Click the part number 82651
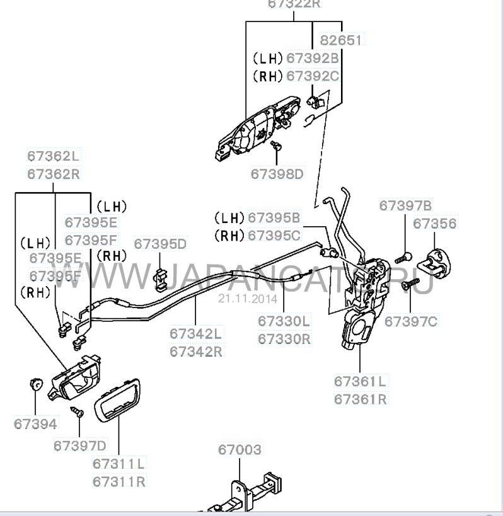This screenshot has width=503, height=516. coord(341,40)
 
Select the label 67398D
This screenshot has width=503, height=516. coord(277,173)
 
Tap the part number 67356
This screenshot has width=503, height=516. coord(434,224)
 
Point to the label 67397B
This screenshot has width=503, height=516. coord(405,205)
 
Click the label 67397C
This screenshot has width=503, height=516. coord(410,321)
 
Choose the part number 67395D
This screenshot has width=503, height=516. coord(160,244)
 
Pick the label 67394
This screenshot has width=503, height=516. coord(35,424)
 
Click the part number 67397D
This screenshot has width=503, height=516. coord(80,445)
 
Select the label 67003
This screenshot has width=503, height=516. coord(240,450)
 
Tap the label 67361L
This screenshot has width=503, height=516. coord(360,381)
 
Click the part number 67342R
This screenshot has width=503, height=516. coord(195,351)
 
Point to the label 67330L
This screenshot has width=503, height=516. coord(284,321)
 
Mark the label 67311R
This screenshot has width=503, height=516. coord(119,481)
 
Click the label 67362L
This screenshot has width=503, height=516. coord(54,156)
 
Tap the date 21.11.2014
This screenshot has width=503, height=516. coord(239,299)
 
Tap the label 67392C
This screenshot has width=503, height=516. coord(313,76)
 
